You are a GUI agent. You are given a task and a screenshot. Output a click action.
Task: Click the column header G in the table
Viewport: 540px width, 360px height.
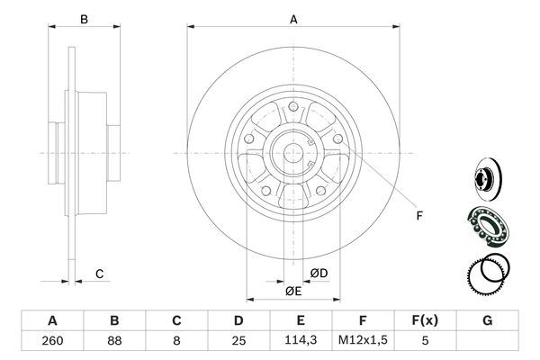tap(487, 320)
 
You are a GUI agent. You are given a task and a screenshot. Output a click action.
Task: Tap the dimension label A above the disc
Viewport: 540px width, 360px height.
tap(292, 18)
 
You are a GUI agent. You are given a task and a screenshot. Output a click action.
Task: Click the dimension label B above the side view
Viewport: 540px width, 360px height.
tap(83, 18)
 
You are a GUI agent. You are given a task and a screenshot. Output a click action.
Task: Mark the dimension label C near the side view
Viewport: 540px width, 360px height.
tap(100, 273)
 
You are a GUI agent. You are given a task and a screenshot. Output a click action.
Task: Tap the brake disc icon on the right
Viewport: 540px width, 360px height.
tap(485, 178)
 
